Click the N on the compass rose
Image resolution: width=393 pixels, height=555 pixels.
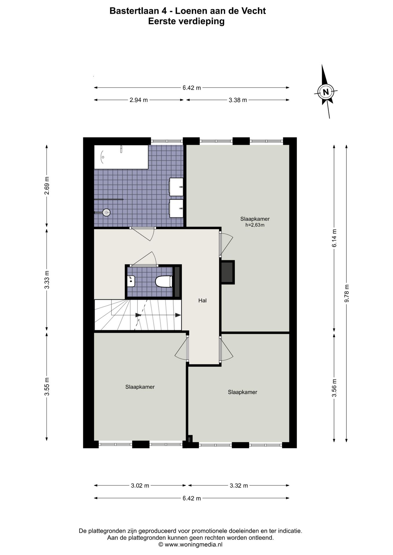(326, 92)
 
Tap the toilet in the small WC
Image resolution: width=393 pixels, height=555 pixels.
(164, 281)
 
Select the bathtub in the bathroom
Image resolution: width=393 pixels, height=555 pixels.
(121, 157)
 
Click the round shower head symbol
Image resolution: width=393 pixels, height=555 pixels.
(106, 212)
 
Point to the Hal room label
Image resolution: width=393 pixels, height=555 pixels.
(202, 301)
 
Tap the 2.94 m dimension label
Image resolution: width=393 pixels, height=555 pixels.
(139, 100)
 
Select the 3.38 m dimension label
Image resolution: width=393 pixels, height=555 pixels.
(238, 100)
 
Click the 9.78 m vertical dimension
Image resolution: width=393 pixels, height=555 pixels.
(346, 293)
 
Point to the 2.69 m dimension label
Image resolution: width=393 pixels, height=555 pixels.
(47, 185)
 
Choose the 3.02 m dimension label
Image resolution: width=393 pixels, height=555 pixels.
(140, 486)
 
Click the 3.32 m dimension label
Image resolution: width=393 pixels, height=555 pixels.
(239, 486)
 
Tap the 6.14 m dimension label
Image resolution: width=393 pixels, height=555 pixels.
(334, 238)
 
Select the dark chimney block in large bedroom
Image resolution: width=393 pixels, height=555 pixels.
(228, 272)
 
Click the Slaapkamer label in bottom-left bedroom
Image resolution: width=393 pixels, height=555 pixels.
(140, 387)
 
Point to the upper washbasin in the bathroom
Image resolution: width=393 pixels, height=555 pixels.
(176, 187)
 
